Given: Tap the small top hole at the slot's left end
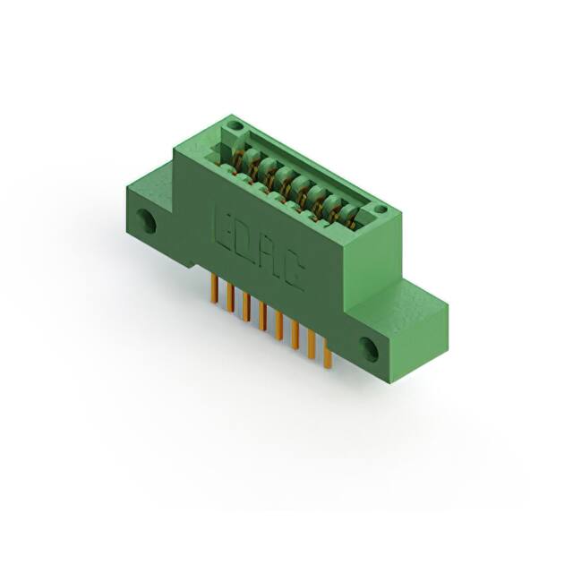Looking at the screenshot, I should click(x=235, y=130).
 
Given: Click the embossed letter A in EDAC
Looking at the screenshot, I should click(x=270, y=255).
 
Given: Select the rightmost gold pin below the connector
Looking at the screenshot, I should click(x=328, y=354).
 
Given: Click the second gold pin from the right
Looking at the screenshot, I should click(x=312, y=344).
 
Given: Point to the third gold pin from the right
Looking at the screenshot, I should click(x=295, y=335).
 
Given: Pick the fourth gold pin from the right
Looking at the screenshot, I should click(x=279, y=326).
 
